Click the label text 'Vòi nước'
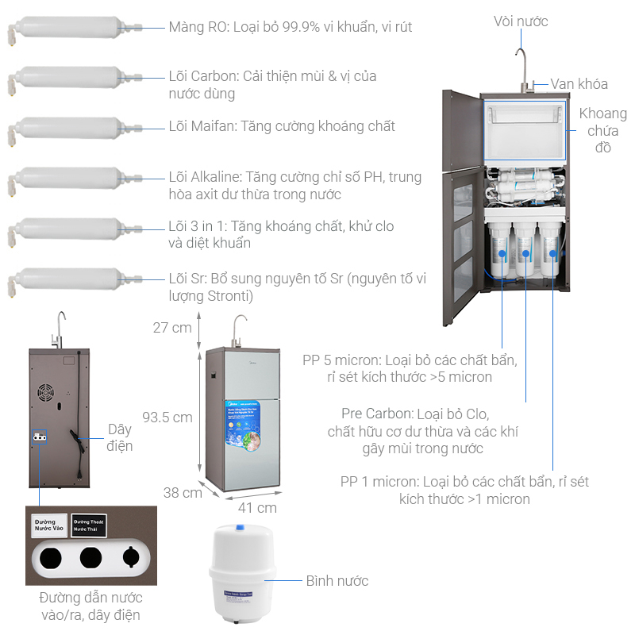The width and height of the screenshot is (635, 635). click(520, 21)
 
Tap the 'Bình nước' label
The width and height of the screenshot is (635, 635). click(337, 581)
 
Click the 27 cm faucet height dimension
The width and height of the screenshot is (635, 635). click(172, 327)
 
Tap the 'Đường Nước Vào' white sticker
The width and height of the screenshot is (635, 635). click(48, 525)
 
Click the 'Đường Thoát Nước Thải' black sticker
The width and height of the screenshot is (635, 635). click(89, 525)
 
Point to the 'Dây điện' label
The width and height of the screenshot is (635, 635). click(120, 437)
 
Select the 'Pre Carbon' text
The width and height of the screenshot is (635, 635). click(376, 414)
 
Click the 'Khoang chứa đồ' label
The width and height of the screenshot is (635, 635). click(602, 130)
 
